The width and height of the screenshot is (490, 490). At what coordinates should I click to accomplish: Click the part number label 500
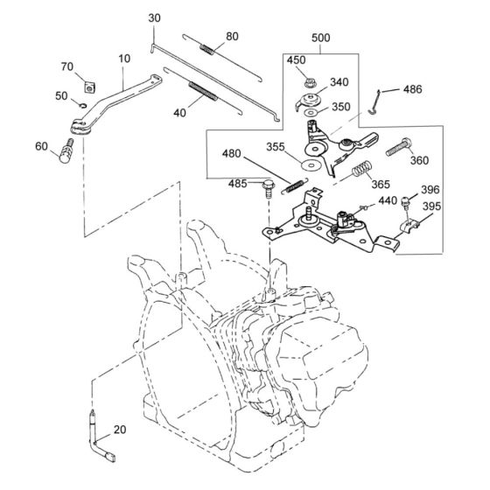coord(320,38)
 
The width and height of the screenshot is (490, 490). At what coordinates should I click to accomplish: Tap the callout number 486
coord(412,89)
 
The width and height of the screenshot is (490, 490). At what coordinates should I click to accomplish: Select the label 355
coord(276,147)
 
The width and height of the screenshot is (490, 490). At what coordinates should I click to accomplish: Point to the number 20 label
coord(120,430)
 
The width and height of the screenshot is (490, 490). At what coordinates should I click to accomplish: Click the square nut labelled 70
coord(90,87)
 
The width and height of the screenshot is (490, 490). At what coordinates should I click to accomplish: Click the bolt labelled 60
coord(66,151)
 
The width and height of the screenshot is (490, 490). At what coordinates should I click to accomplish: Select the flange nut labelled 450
coord(309,83)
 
